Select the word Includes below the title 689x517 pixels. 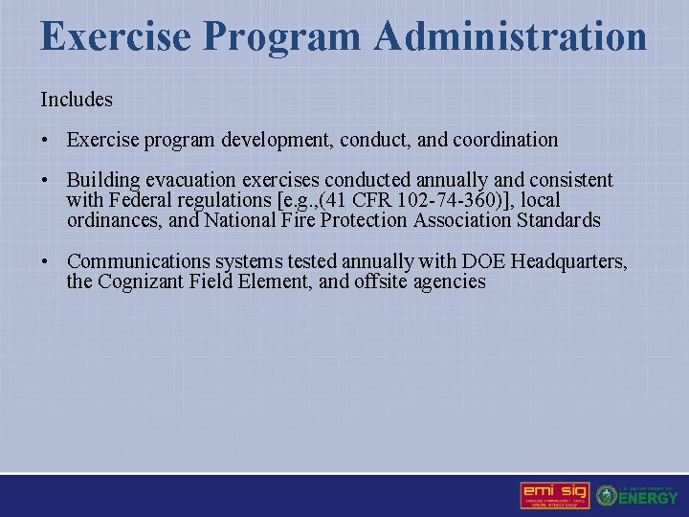point(77,99)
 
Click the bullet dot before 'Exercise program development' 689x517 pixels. point(45,141)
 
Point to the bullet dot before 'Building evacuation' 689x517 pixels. point(45,181)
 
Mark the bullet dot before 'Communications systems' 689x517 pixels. point(45,261)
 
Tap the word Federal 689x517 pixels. point(139,200)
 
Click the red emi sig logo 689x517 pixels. point(554,495)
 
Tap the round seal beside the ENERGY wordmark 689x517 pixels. point(607,496)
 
